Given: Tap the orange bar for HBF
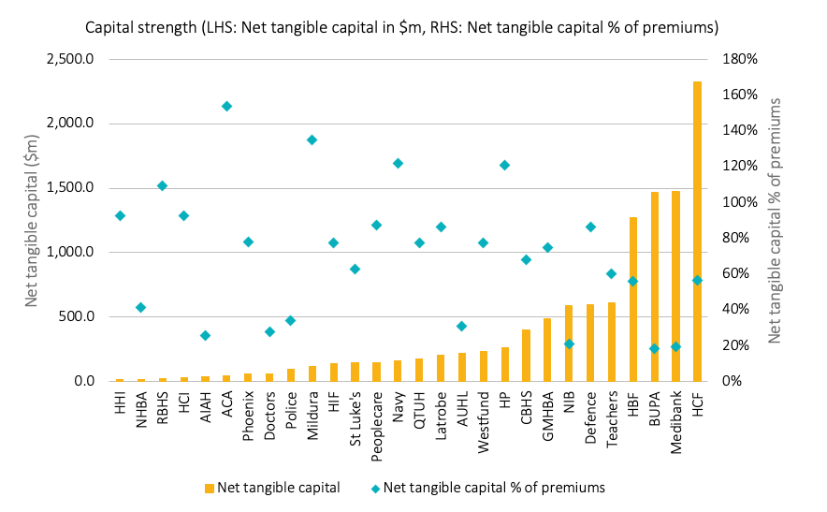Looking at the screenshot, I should coord(633,299).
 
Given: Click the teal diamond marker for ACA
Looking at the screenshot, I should coord(226,106).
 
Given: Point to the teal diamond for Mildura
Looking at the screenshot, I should coord(312,139).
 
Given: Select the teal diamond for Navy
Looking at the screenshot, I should coord(398,163).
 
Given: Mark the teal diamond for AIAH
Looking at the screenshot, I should coord(205,335).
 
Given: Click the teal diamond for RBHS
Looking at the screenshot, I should coord(162,185).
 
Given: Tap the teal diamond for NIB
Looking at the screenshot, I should coord(569,344).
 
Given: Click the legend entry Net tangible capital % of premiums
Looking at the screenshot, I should coord(494,487).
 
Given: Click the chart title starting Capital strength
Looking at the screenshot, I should coord(401,27).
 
